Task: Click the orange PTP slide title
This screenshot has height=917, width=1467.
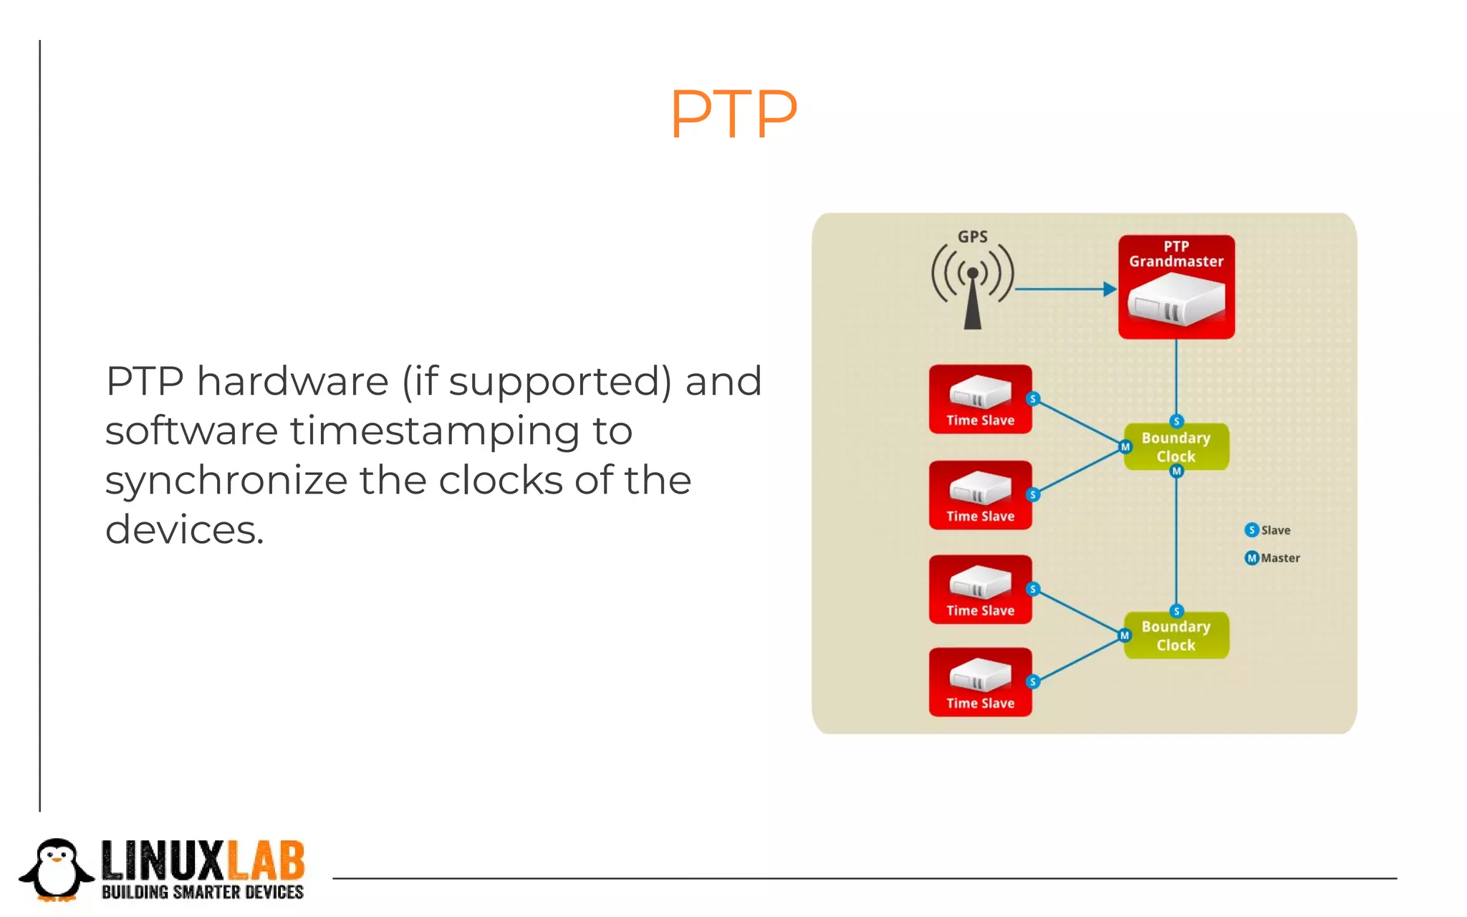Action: [x=733, y=114]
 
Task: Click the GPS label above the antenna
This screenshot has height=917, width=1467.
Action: [x=972, y=236]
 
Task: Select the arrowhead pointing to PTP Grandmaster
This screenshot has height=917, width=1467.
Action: [x=1110, y=289]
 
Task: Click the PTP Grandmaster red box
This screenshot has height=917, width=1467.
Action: [x=1176, y=287]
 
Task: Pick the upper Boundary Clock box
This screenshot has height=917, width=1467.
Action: [x=1176, y=447]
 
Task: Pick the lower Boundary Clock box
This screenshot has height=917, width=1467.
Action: [x=1176, y=635]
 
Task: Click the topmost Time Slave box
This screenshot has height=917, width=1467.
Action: [x=980, y=400]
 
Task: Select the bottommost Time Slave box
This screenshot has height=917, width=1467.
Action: [x=980, y=682]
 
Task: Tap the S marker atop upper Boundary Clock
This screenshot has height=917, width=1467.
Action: [x=1176, y=421]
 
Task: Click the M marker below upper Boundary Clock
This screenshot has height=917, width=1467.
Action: [x=1176, y=471]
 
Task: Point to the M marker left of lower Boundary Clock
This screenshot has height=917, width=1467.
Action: [x=1125, y=635]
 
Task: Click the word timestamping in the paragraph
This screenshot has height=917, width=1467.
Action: [x=436, y=432]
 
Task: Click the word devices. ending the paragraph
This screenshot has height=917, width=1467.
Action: [x=184, y=530]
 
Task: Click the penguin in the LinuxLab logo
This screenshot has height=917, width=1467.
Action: [x=57, y=870]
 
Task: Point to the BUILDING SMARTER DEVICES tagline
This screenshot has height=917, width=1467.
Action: [x=203, y=893]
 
